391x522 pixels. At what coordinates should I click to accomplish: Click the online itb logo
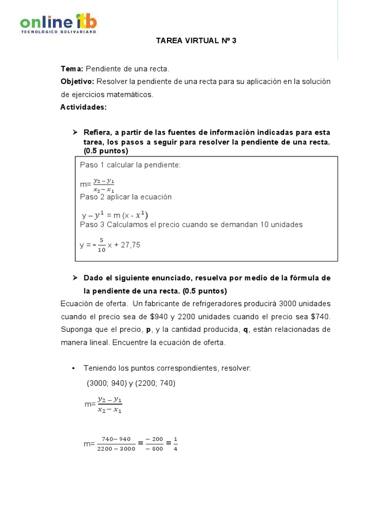coord(58,23)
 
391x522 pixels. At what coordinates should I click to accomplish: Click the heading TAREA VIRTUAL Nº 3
coord(196,41)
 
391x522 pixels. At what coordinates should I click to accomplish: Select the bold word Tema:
coord(72,69)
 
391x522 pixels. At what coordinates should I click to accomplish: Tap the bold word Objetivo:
coord(77,82)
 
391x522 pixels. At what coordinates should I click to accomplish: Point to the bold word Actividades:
coord(83,107)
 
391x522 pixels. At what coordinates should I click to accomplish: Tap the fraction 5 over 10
coord(102,245)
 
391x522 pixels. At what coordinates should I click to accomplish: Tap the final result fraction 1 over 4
coord(176,444)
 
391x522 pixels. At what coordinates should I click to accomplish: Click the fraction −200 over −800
coord(154,444)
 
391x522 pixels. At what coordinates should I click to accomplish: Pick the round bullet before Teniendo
coord(74,369)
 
